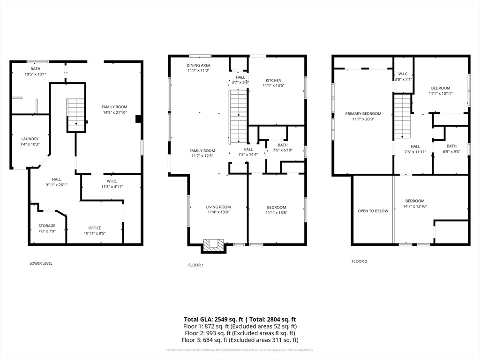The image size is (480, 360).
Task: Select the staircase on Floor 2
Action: (402, 117)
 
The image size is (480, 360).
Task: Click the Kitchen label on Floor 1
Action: (273, 80)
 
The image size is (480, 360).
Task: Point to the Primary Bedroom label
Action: (363, 113)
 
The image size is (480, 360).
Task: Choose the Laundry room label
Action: (30, 139)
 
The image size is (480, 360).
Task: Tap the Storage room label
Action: (47, 225)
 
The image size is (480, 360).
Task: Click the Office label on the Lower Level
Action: (95, 228)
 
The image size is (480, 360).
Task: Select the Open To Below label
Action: (373, 211)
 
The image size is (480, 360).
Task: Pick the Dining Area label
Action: (198, 65)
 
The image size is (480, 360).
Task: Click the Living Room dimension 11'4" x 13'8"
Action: (218, 212)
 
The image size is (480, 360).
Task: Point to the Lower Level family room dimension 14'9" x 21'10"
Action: (114, 112)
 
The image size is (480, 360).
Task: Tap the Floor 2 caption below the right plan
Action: (359, 261)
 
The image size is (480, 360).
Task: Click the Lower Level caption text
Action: (41, 263)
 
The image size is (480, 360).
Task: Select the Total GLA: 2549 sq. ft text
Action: (214, 320)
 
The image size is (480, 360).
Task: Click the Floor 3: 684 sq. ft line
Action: (240, 340)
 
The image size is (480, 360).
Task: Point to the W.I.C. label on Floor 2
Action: (403, 74)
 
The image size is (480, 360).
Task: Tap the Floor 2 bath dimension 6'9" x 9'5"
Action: (451, 151)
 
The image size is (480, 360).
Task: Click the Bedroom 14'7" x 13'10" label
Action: (415, 203)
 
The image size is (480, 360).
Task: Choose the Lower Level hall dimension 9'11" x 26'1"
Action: (56, 185)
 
